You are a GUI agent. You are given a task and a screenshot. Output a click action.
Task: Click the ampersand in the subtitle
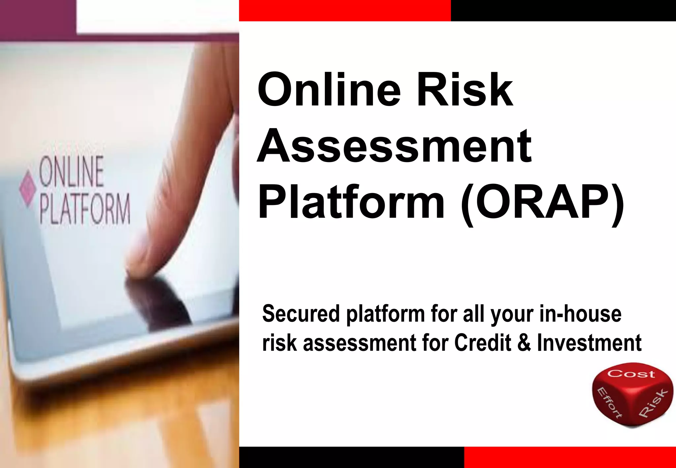[524, 343]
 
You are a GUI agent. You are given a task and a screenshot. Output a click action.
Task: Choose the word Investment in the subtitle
[589, 343]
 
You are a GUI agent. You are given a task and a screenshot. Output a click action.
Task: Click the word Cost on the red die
[631, 374]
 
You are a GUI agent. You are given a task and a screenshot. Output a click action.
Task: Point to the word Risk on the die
[653, 403]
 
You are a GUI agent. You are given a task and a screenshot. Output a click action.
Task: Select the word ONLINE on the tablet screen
[71, 172]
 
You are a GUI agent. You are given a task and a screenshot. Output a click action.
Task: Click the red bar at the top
[345, 10]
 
